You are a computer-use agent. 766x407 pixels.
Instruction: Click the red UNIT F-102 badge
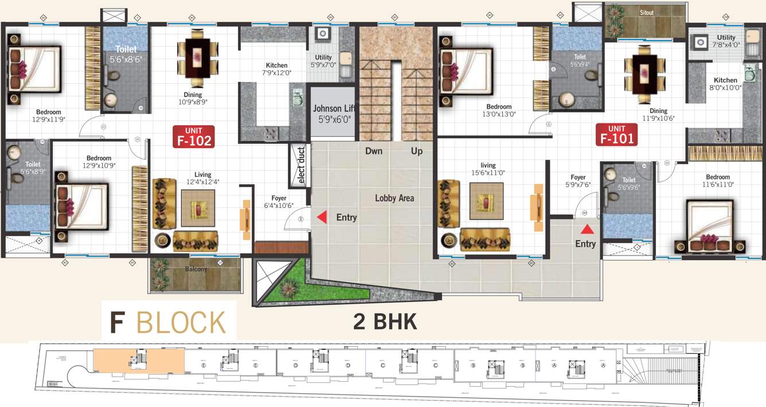coord(193,136)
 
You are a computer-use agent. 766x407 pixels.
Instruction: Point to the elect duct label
coord(301,166)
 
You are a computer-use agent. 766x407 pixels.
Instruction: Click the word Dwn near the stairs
coord(374,152)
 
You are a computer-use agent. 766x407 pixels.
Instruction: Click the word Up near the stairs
coord(417,152)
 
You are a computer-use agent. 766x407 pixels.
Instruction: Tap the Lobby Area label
coord(394,198)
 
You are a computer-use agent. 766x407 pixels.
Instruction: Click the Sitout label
coord(646,13)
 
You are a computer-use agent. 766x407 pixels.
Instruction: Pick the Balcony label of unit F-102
coord(196,269)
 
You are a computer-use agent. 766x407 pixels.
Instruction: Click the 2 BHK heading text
coord(385,321)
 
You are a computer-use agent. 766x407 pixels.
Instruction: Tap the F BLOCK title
coord(168,323)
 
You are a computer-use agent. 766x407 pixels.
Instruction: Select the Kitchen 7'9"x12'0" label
coord(276,69)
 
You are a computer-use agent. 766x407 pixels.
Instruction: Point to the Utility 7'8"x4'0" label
coord(726,41)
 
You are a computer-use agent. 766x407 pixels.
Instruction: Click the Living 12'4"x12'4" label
coord(202,178)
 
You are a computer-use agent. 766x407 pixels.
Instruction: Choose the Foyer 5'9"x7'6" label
coord(578,181)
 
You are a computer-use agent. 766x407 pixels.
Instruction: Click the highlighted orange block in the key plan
coord(139,363)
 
